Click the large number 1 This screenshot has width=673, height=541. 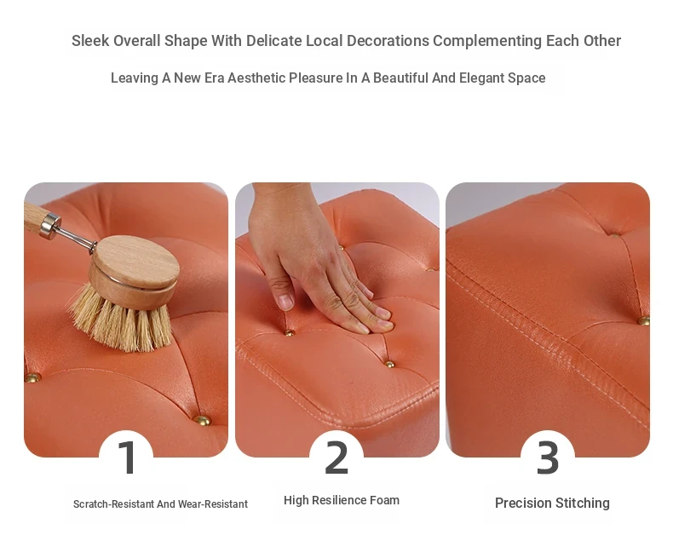pos(128,458)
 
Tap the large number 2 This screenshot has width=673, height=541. pos(336,458)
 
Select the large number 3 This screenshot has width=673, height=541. pos(548,458)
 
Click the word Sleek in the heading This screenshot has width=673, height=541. pos(90,41)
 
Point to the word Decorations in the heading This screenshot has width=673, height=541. pos(388,41)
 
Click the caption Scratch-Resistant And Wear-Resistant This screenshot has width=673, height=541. pos(160,504)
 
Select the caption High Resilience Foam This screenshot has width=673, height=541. pos(342,500)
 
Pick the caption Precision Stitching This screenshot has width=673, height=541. pos(552,504)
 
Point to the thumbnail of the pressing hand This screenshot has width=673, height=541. pos(285,301)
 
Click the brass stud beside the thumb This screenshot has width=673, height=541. pos(290,332)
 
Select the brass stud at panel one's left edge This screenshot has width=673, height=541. pos(32,377)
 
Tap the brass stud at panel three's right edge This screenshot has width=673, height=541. pos(643,320)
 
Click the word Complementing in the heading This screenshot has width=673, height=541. pos(487,41)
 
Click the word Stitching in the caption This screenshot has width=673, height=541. pos(582,504)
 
